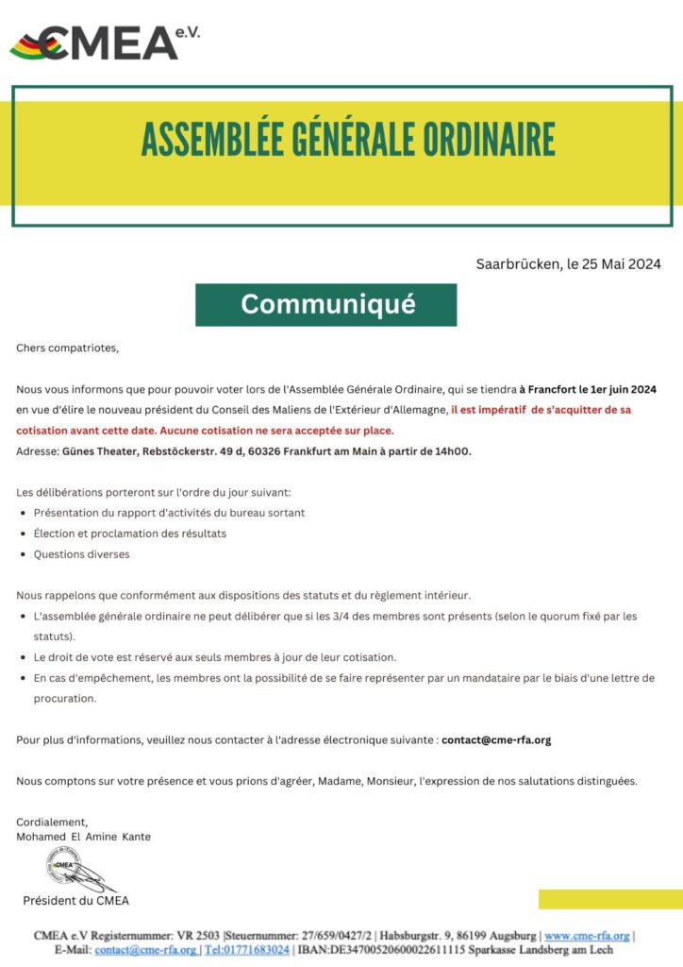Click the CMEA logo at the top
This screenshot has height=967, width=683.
(x=104, y=42)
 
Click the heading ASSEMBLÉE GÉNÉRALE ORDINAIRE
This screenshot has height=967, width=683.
(x=347, y=140)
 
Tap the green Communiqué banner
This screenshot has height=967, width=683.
(x=326, y=304)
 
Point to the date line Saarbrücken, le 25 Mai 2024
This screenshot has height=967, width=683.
(x=568, y=263)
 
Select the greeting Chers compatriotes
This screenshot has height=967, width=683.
(x=68, y=348)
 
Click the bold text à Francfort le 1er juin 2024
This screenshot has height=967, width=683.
(x=588, y=389)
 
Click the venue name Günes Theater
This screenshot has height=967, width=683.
(x=100, y=451)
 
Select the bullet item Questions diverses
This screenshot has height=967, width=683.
(x=81, y=554)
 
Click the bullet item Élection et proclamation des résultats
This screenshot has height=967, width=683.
(x=129, y=534)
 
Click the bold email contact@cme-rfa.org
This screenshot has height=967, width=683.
(x=496, y=739)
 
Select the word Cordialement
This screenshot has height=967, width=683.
(x=52, y=822)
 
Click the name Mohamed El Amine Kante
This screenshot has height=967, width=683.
(x=84, y=837)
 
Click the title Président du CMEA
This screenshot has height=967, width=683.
(x=75, y=901)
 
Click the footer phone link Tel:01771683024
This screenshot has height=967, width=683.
(x=247, y=950)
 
